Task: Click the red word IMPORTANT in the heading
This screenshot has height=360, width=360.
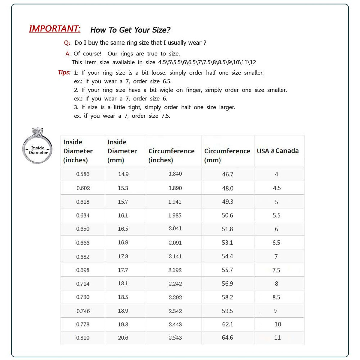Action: tap(55, 28)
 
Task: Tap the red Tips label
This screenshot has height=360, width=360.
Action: tap(64, 72)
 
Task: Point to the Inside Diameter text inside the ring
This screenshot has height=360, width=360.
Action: tap(38, 150)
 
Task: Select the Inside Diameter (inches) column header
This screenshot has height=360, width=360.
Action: tap(78, 151)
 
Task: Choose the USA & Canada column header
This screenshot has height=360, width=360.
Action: tap(278, 151)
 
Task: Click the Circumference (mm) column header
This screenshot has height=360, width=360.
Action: tap(227, 155)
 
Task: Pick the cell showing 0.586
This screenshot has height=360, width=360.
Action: tap(83, 174)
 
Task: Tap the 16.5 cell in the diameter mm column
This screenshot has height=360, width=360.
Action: tap(123, 229)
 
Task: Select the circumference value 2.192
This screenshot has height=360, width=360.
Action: tap(175, 270)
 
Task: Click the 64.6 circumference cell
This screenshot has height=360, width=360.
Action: tap(227, 337)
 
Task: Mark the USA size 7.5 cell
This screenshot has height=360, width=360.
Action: tap(276, 270)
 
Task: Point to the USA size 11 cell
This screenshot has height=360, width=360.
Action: tap(277, 337)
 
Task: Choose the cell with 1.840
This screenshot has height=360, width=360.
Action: tap(175, 174)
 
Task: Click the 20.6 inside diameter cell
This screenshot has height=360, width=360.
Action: tap(123, 337)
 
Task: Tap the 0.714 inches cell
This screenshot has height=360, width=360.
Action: tap(83, 283)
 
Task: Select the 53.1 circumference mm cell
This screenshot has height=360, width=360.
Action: tap(227, 242)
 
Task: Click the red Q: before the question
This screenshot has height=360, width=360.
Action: tap(67, 43)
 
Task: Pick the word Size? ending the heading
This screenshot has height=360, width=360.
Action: tap(161, 30)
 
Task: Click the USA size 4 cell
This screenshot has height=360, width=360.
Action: tap(276, 174)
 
